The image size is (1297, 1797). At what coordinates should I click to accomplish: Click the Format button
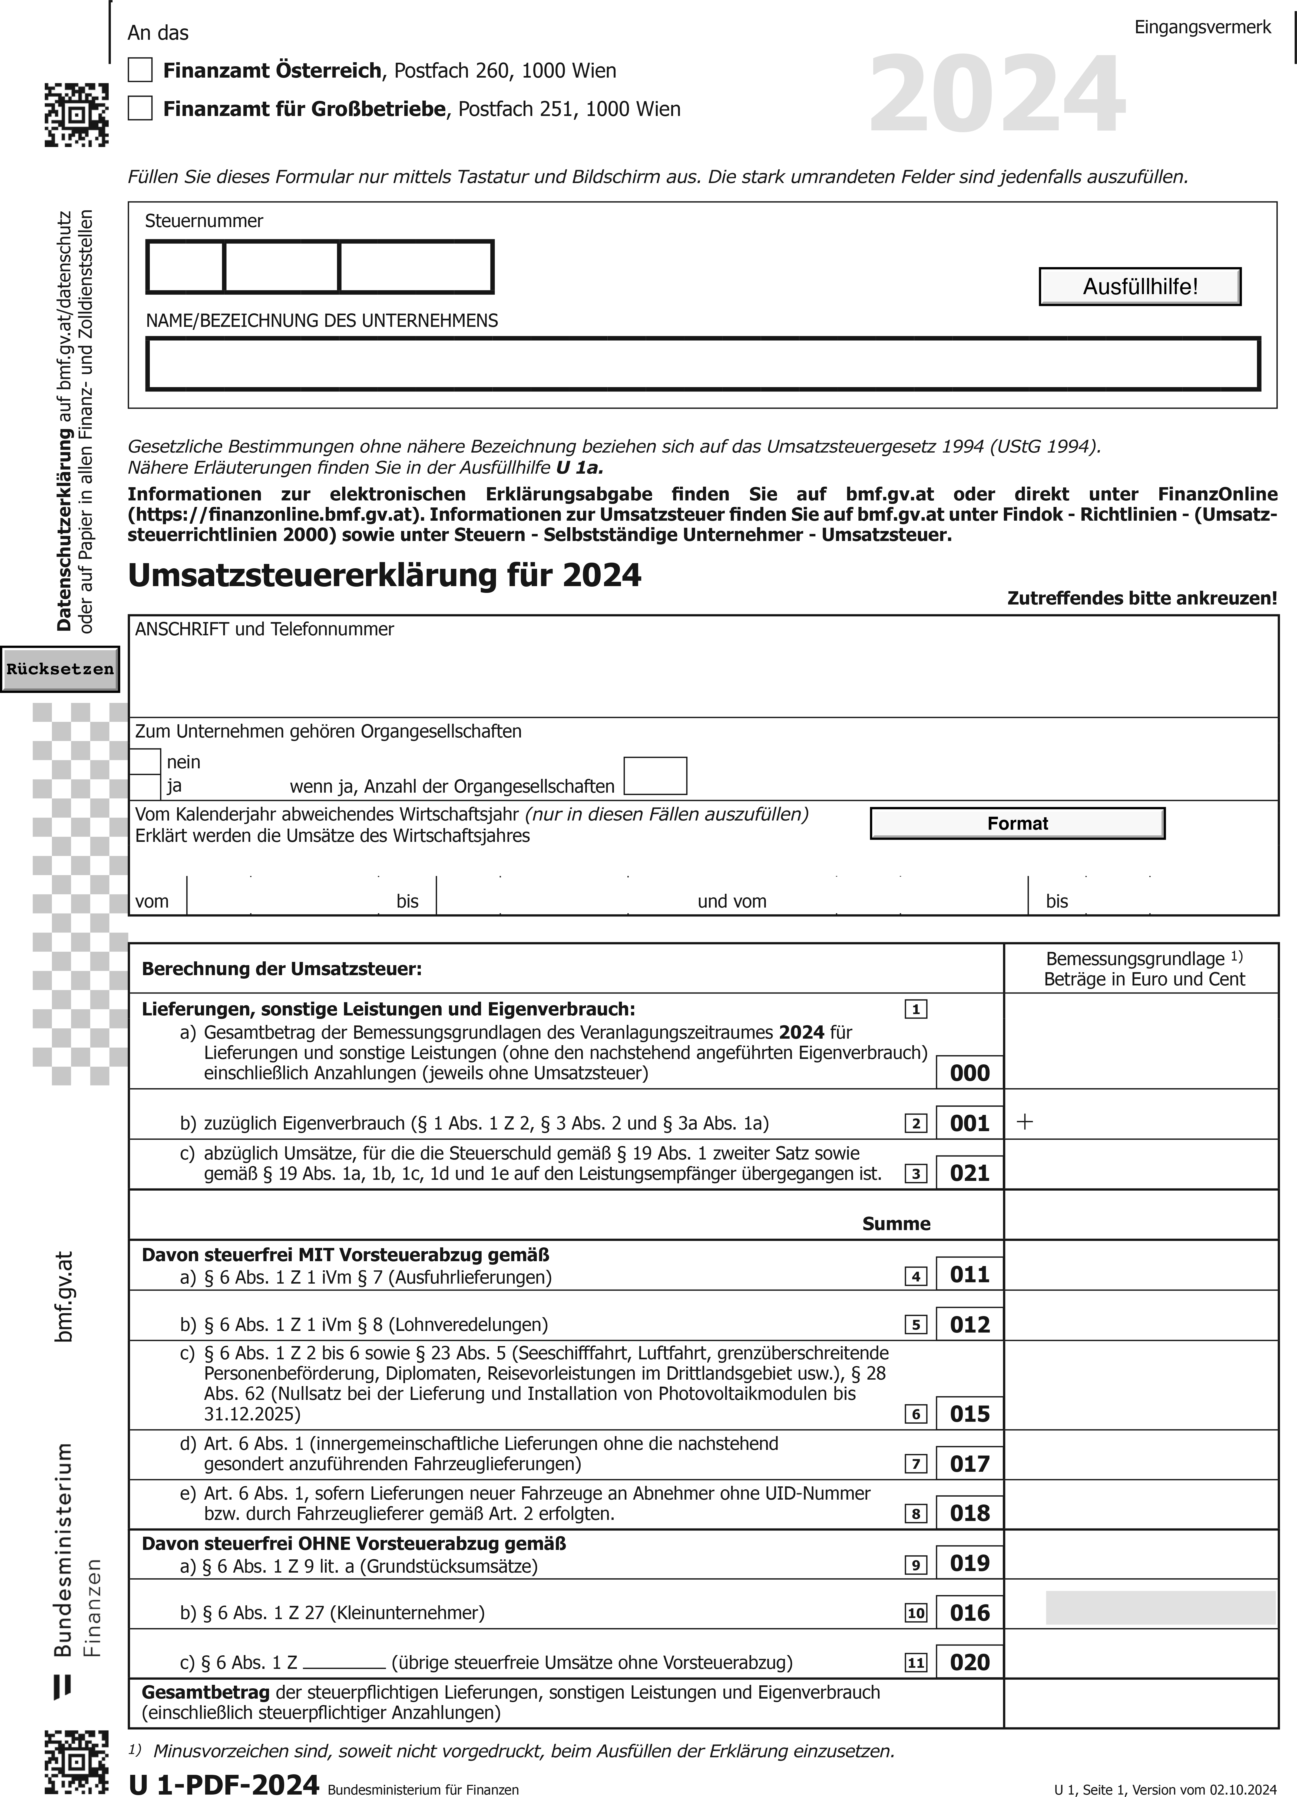[x=1017, y=823]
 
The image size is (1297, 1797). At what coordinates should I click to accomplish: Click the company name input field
[x=702, y=364]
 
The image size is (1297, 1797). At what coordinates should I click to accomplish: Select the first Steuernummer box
[x=186, y=267]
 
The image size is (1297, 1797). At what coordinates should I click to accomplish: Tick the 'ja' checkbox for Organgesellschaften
[x=145, y=787]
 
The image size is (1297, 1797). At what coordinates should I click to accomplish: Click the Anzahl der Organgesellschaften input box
[x=655, y=776]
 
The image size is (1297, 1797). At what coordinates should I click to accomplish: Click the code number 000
[x=970, y=1073]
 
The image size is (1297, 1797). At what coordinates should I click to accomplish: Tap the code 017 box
[x=970, y=1463]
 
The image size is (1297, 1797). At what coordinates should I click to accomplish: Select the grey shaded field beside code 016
[x=1160, y=1608]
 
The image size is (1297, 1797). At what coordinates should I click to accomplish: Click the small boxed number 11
[x=916, y=1662]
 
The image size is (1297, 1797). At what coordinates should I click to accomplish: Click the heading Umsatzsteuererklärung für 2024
[x=385, y=575]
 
